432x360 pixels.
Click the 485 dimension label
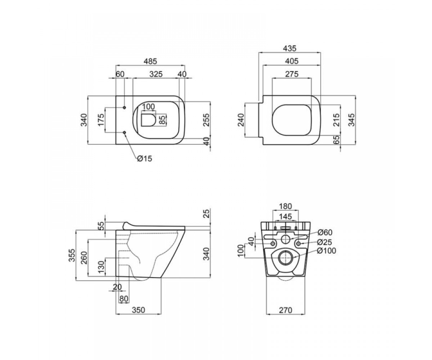click(x=150, y=61)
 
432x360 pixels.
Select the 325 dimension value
click(x=156, y=74)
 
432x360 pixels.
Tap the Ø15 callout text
click(x=145, y=159)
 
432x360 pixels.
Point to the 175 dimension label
click(x=101, y=120)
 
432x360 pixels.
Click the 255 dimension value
click(x=206, y=120)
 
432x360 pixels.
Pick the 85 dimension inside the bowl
click(x=163, y=120)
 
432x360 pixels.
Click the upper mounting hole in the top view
click(x=124, y=108)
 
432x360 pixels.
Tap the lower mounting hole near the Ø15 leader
click(x=124, y=132)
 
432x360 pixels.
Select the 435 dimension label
click(x=290, y=48)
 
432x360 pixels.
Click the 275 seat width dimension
click(x=292, y=74)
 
